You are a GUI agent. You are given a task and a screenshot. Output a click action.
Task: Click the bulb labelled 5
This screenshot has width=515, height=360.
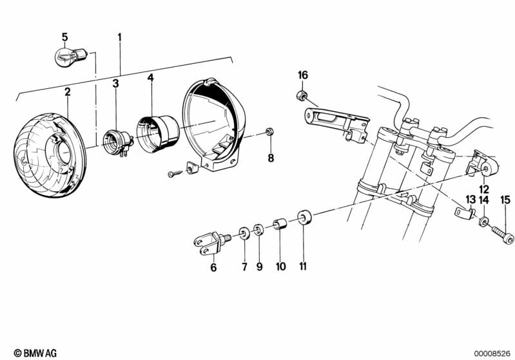70,56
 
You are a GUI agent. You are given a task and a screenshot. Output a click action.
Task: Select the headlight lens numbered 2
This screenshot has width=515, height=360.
50,155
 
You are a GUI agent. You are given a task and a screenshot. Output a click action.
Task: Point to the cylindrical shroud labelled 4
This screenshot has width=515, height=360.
158,133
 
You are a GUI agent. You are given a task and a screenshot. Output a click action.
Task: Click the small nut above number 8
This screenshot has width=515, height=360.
270,132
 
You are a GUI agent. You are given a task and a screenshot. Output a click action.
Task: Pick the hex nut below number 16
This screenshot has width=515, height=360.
301,95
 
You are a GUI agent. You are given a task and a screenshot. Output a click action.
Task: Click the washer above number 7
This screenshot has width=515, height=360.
244,233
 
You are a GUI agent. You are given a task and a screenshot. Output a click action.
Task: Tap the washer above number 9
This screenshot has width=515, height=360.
258,230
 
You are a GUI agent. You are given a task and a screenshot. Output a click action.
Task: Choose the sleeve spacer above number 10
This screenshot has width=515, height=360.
280,225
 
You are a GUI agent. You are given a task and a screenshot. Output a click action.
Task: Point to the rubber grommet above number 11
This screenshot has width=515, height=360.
304,217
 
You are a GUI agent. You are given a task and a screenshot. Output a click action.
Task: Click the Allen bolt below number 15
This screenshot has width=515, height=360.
503,236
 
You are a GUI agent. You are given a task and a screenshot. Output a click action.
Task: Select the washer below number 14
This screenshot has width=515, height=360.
483,222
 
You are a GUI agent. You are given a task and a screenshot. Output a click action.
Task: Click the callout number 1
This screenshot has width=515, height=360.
119,37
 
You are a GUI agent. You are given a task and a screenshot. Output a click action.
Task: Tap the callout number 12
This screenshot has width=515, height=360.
484,189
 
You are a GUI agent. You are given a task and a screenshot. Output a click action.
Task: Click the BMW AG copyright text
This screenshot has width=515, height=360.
35,353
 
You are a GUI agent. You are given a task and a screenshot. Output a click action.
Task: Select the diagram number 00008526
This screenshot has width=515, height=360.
492,354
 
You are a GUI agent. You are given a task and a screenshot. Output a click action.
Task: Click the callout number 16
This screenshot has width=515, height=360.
303,75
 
